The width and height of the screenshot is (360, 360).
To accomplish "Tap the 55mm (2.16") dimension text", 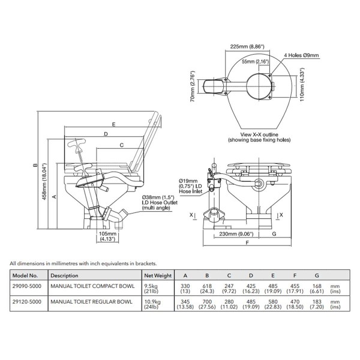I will pos(256,61).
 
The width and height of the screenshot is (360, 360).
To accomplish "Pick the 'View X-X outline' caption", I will pos(259,136).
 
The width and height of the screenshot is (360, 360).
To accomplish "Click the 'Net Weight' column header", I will pos(158,275).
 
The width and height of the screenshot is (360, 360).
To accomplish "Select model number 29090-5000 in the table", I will pos(28,287).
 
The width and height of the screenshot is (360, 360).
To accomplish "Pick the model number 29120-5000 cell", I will pos(28,302).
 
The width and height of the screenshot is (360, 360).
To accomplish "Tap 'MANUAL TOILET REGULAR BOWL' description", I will pos(92,302).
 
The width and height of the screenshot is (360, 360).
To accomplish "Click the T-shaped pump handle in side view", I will pos(80,145).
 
